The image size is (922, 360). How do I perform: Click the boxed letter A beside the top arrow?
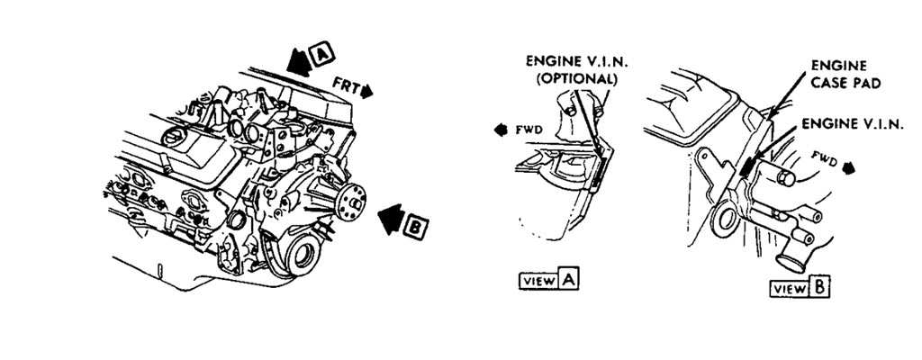click(319, 56)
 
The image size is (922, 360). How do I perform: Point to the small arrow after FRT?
click(368, 90)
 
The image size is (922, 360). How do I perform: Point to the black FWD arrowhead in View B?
click(847, 168)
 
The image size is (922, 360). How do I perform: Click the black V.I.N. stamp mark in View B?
click(746, 167)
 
